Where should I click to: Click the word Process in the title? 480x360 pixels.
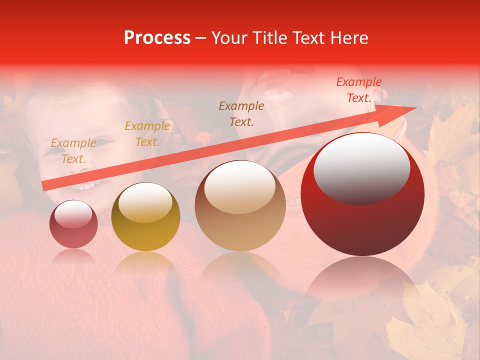point(157,38)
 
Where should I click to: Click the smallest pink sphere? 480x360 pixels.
point(73,224)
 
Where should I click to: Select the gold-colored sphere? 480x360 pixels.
point(145,216)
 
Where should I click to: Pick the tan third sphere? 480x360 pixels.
point(240,205)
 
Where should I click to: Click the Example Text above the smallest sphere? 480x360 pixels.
point(73,151)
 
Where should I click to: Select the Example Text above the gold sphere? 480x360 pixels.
point(147,134)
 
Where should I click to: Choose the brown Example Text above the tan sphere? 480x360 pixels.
point(241,113)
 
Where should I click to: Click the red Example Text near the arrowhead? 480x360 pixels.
point(359,90)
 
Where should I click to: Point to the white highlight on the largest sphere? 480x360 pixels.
point(361,167)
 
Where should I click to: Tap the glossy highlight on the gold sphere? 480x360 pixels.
point(145,202)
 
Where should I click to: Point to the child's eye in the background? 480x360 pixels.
point(101,143)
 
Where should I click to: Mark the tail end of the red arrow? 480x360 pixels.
point(45,186)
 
